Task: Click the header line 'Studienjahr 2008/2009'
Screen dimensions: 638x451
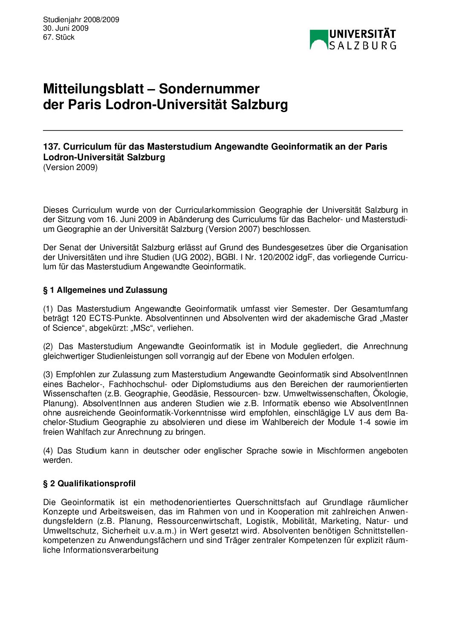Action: (81, 20)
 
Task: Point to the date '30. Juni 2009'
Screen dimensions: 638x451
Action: (66, 29)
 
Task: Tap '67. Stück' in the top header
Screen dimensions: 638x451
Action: (59, 38)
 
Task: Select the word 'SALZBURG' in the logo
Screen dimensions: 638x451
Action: (363, 45)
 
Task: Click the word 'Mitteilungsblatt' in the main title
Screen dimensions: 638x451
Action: (93, 89)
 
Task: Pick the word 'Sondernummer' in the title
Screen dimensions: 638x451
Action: (209, 89)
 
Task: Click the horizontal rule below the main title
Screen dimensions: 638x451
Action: (223, 130)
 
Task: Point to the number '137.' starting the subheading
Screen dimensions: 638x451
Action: (52, 147)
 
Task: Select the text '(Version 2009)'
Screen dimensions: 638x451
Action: (70, 167)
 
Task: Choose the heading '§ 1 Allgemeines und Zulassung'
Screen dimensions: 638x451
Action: (105, 290)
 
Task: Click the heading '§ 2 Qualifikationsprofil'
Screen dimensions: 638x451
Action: (90, 484)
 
